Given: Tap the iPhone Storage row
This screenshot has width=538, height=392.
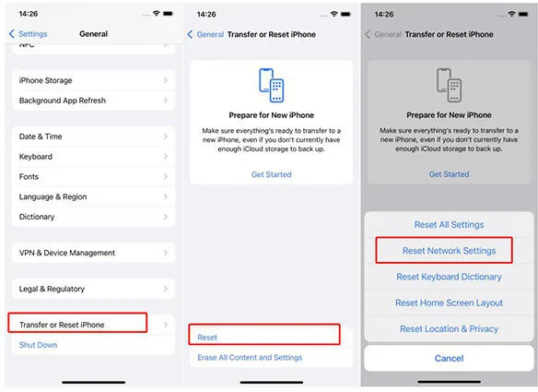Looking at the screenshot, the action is [93, 80].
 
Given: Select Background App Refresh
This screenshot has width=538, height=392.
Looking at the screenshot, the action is [93, 101].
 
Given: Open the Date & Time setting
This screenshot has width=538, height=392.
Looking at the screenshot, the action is [93, 137].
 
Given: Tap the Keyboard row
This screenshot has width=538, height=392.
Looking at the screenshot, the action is [93, 157].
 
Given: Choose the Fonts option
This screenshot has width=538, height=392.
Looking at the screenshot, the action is [93, 176].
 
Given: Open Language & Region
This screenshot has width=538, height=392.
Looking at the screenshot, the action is [93, 196].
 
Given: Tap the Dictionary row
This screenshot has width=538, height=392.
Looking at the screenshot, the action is [93, 217].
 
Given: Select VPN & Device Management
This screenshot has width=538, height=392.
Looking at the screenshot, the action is [93, 253].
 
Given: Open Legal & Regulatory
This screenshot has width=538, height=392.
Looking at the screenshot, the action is [93, 289].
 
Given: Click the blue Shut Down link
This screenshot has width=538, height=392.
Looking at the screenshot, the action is [38, 345].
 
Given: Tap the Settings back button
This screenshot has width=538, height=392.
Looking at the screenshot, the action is [29, 34].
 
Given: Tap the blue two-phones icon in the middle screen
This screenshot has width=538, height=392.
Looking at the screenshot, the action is [271, 85].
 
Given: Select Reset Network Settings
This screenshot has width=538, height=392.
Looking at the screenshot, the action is [449, 251].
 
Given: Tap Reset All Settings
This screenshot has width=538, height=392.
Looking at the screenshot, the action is [449, 225].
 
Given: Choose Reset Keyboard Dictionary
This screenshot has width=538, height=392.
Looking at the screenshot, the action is [449, 277].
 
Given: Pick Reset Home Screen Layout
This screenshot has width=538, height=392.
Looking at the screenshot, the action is [449, 303].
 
